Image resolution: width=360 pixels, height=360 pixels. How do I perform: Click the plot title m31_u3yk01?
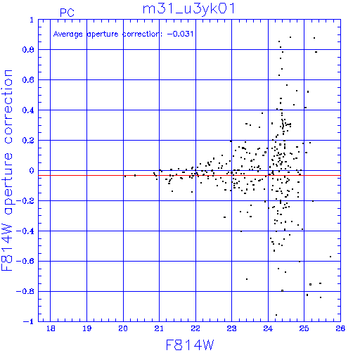(188, 10)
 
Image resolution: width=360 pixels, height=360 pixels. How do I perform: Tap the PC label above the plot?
(67, 13)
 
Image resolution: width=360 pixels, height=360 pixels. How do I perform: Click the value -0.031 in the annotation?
(180, 34)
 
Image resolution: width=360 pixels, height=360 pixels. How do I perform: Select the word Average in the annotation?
(68, 34)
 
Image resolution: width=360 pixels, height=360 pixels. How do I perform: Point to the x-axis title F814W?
(190, 345)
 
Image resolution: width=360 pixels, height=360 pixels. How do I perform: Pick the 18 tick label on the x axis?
(51, 328)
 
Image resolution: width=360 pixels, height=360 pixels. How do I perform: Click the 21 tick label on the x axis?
(159, 328)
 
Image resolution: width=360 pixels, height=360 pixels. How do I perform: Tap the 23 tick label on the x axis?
(231, 328)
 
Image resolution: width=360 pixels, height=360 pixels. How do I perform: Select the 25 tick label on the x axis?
(304, 328)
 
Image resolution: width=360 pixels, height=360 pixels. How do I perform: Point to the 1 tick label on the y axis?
(32, 20)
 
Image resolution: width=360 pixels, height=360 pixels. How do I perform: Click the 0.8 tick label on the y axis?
(28, 50)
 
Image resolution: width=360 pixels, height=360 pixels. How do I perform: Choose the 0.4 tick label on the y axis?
(28, 110)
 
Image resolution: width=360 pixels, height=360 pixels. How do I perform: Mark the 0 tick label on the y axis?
(32, 171)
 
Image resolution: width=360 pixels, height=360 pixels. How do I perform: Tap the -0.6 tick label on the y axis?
(25, 261)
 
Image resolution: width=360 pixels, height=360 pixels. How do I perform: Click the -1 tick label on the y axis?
(29, 321)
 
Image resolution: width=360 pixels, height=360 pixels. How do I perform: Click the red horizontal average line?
(189, 175)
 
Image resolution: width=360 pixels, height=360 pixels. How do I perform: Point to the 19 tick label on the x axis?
(86, 328)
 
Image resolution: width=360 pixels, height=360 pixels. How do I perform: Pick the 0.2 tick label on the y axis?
(28, 141)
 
